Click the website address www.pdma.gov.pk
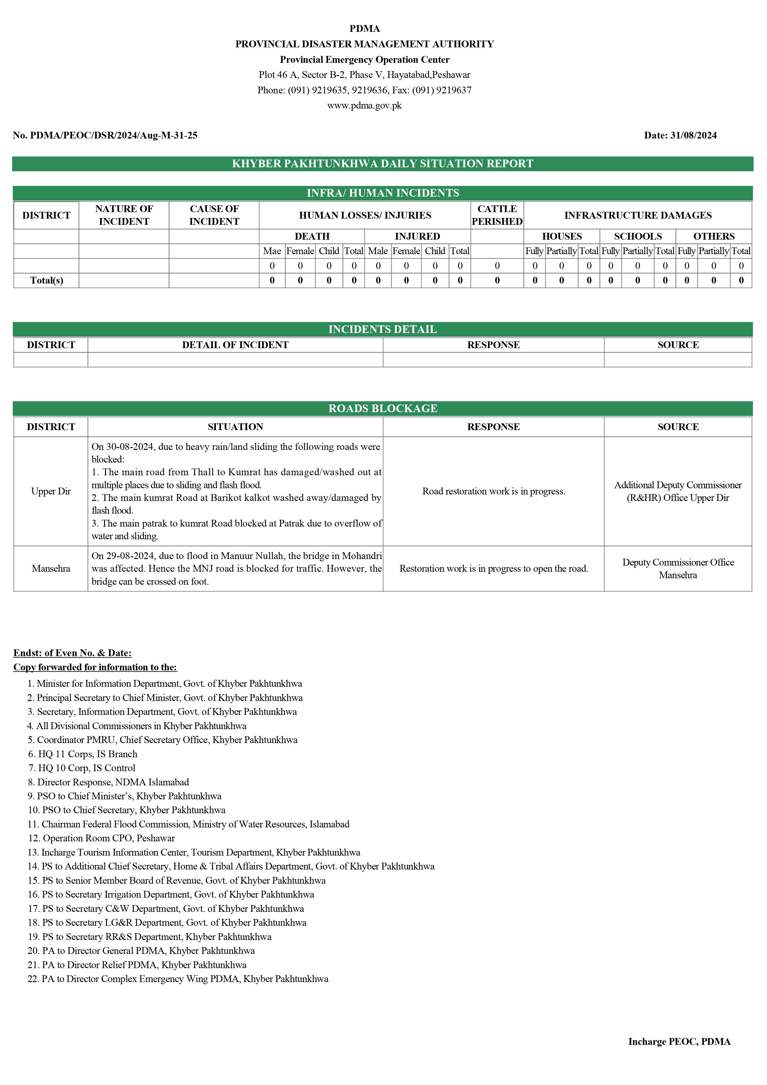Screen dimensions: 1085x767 [364, 105]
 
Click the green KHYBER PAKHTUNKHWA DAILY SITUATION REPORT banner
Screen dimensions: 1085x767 [382, 164]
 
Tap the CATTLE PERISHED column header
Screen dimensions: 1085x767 [497, 215]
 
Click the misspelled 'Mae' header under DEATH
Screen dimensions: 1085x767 [272, 251]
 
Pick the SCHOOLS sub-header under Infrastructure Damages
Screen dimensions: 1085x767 [637, 236]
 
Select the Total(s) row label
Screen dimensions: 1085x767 [46, 280]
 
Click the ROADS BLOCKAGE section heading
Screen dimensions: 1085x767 [382, 408]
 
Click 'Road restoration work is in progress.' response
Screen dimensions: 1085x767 [493, 491]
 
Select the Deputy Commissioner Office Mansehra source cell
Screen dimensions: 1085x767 [678, 569]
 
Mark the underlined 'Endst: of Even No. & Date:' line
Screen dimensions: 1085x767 [72, 653]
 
